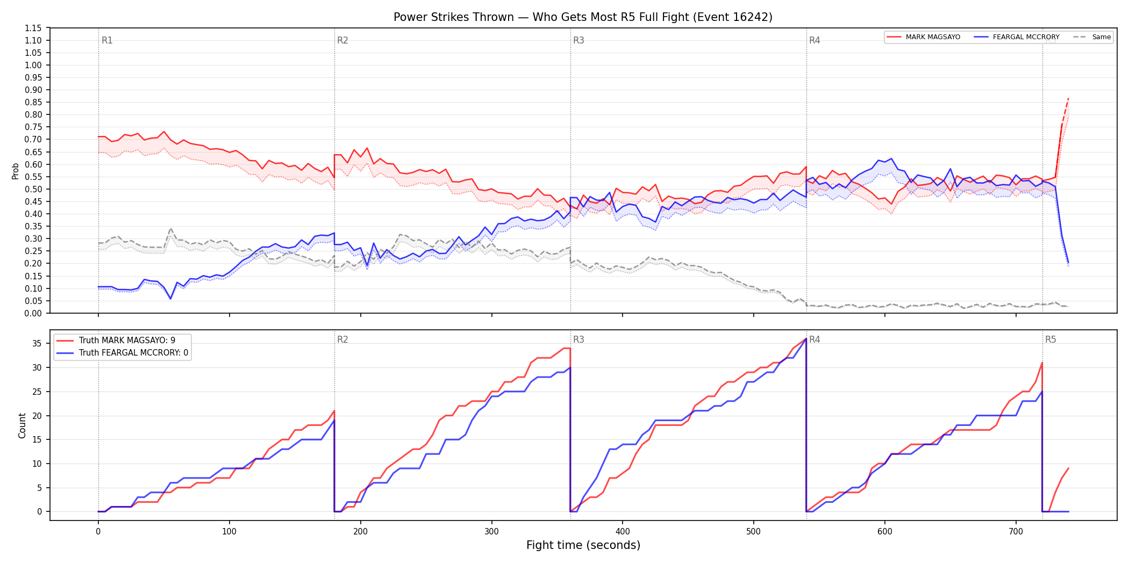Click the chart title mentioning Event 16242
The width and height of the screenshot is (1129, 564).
[x=583, y=17]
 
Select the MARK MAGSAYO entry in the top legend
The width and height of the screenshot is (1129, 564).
[x=923, y=37]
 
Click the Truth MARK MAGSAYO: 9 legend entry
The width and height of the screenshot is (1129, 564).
[x=116, y=341]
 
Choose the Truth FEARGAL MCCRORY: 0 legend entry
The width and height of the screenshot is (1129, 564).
[x=123, y=353]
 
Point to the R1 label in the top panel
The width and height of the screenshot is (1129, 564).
[x=107, y=40]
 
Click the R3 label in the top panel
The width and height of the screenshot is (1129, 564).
[x=578, y=40]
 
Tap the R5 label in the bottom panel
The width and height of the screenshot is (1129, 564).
[x=1051, y=339]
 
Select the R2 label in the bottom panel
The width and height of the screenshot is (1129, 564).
[x=342, y=339]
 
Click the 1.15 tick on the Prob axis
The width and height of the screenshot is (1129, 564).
[x=33, y=28]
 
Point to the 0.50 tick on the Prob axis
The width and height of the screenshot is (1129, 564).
[x=33, y=189]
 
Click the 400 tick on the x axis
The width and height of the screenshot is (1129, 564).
[x=623, y=532]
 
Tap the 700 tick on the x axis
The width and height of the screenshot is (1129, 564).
[x=1016, y=532]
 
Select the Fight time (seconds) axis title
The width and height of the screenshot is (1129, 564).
[x=583, y=545]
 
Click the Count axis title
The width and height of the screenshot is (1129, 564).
[x=22, y=425]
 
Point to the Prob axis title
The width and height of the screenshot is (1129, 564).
[x=16, y=171]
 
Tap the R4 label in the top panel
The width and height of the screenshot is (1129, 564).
[x=814, y=40]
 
